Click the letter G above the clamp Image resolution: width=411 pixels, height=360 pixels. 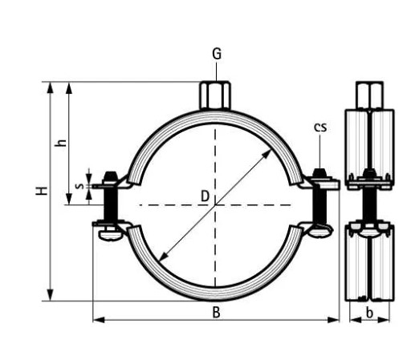[216, 55]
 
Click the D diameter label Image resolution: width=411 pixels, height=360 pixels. [205, 195]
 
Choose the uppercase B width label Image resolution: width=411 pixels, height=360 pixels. [216, 313]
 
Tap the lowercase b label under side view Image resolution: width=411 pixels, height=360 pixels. [368, 313]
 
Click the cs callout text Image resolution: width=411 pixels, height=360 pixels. [319, 126]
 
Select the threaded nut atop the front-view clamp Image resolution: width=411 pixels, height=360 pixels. [215, 94]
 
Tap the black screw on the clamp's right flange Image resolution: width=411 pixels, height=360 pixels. [321, 204]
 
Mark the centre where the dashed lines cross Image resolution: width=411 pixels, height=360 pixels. [215, 206]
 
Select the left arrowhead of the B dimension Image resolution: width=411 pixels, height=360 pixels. [97, 320]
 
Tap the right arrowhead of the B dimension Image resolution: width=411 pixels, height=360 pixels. [336, 320]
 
